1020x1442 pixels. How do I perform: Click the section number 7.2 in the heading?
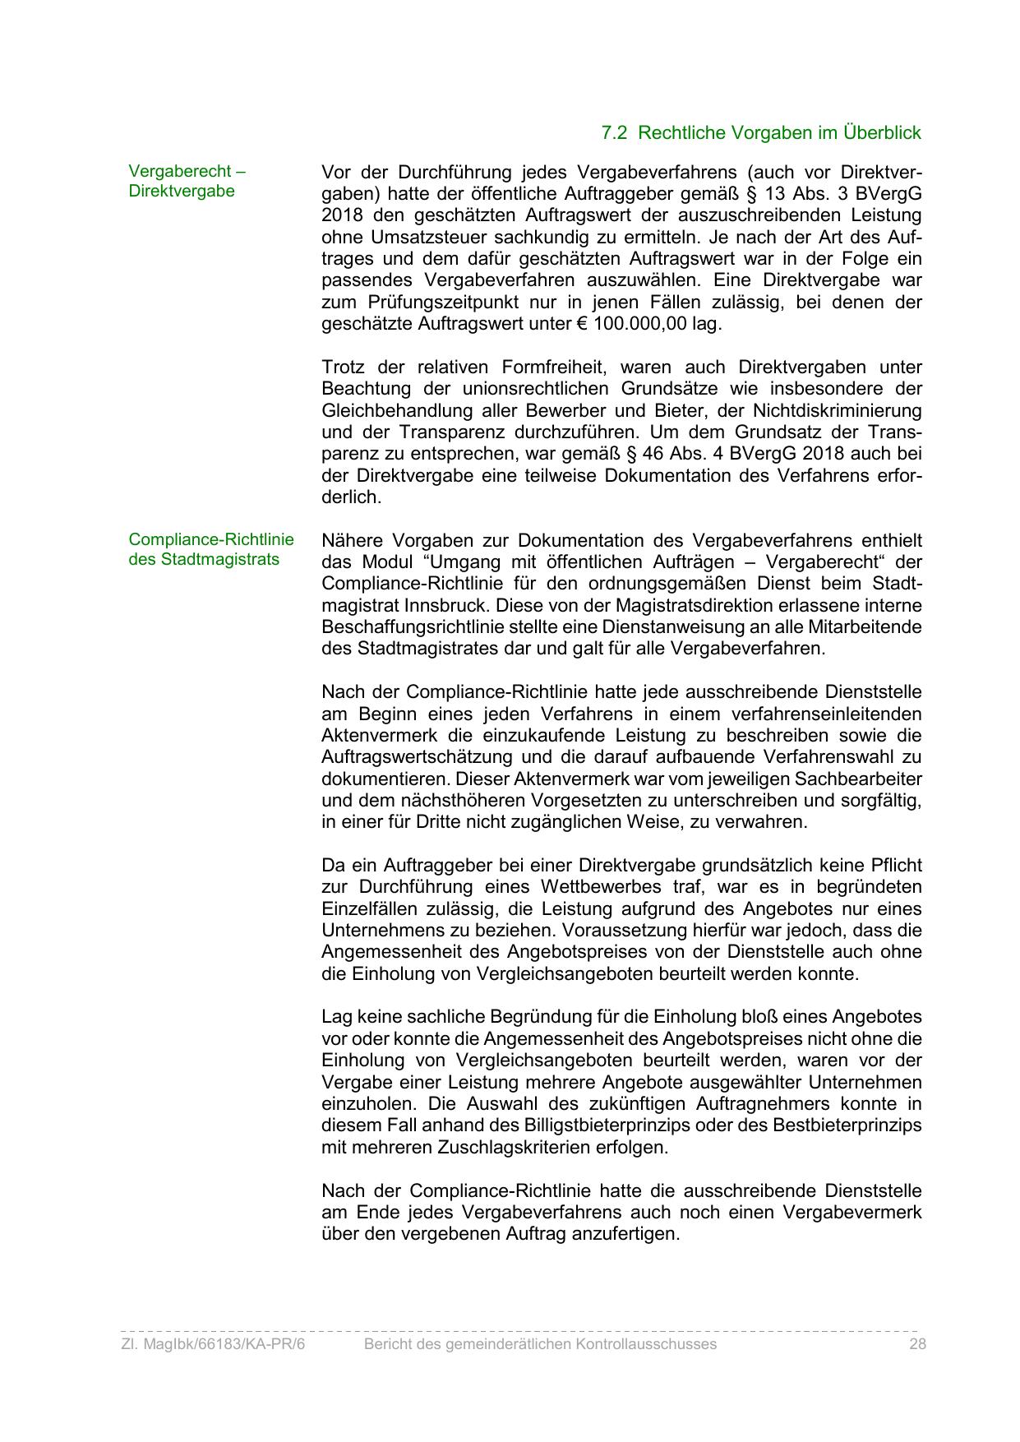click(615, 132)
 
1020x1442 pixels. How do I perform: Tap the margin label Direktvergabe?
click(181, 191)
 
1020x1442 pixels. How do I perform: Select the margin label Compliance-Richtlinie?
click(210, 540)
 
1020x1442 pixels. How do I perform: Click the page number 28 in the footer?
click(917, 1343)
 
